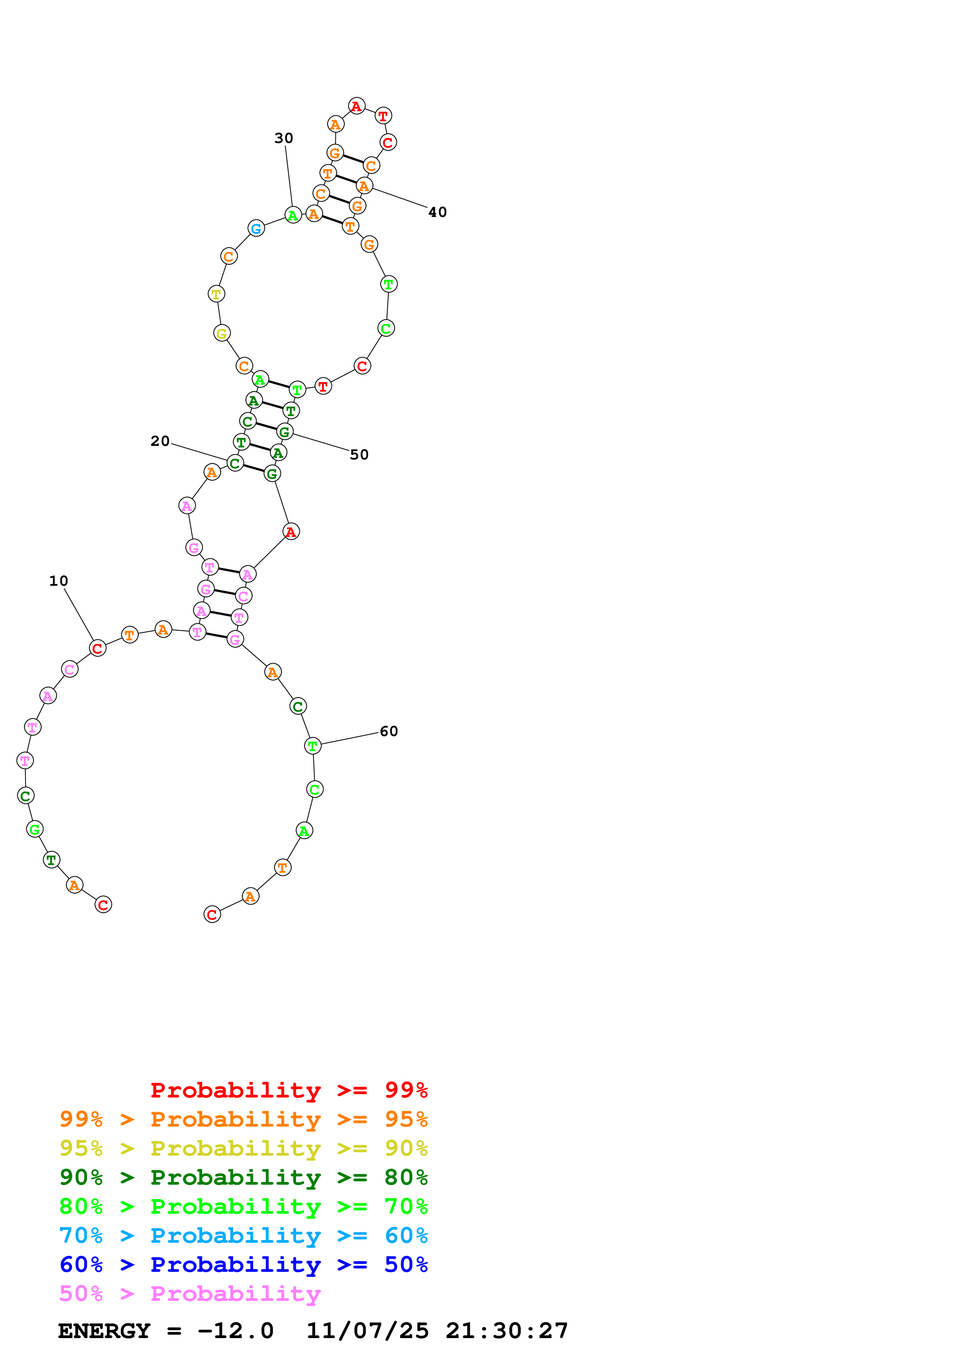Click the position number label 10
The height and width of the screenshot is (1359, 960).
(58, 581)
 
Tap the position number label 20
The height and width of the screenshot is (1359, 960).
(160, 441)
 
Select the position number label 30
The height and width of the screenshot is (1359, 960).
(283, 138)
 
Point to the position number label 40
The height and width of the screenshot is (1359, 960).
(437, 212)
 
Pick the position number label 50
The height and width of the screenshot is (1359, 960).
(359, 454)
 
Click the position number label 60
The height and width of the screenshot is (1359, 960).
(389, 731)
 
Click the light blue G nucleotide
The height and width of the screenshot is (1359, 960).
(256, 229)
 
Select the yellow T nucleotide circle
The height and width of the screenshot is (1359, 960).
(216, 294)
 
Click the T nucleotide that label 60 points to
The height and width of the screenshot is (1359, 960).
(313, 746)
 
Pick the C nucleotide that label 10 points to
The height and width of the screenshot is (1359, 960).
(98, 648)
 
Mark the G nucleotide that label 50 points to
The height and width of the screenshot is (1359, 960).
(285, 432)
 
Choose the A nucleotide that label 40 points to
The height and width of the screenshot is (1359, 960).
(364, 186)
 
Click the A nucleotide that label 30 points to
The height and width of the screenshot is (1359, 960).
(293, 215)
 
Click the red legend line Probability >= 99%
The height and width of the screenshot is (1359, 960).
(289, 1090)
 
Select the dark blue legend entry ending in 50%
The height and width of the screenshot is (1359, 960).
(243, 1264)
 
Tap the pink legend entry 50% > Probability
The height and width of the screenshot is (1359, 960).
(190, 1293)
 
